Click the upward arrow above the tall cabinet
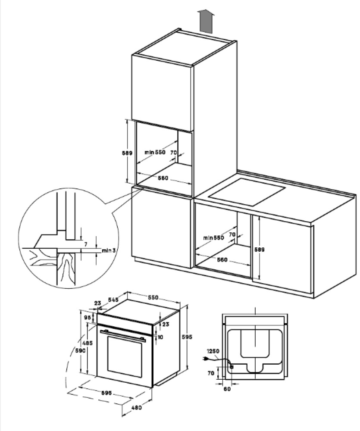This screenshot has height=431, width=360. [x=207, y=22]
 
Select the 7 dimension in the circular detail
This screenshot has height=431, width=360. [x=86, y=244]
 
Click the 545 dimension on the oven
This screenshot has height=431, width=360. [x=113, y=299]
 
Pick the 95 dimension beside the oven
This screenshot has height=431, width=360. [x=88, y=318]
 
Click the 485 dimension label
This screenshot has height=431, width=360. [x=88, y=343]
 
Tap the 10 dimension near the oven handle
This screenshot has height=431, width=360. [x=160, y=337]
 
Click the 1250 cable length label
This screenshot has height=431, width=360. [x=213, y=351]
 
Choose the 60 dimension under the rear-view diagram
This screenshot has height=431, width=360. [x=227, y=389]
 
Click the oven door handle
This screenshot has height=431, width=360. [x=122, y=335]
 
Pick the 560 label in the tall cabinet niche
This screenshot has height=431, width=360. [x=163, y=178]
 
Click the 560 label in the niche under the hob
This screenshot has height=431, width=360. [x=222, y=260]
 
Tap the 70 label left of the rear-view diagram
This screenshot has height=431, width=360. [x=211, y=373]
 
